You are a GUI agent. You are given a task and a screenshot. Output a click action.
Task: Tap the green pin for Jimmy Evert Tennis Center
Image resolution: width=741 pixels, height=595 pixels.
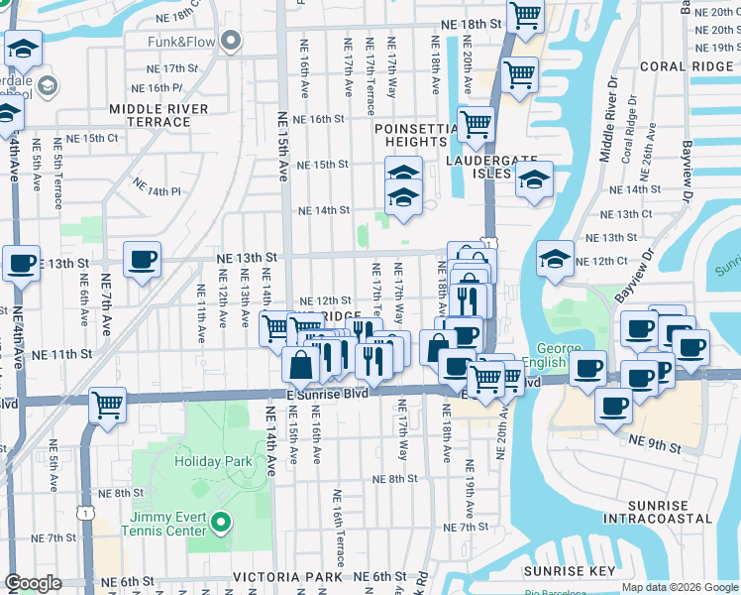pos(221,522)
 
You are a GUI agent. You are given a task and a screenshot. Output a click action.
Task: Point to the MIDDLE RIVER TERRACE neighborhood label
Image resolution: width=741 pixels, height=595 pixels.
pos(159,115)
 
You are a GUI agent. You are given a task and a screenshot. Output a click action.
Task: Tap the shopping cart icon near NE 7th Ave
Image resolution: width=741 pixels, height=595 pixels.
pos(107,404)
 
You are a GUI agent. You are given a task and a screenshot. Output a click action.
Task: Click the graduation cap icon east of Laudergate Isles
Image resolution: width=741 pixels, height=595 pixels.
pos(534,180)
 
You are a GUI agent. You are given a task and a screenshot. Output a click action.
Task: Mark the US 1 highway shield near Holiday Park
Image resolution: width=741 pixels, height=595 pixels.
pos(88,512)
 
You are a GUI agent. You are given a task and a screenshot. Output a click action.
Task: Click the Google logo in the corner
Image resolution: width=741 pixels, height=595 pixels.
pos(33,583)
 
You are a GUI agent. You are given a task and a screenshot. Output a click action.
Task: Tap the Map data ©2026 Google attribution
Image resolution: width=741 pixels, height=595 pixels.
pos(679,587)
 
